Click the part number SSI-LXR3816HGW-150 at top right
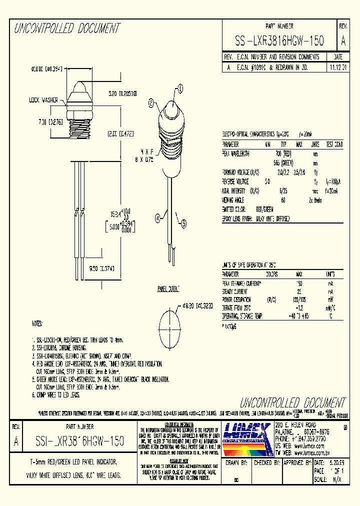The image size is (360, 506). (279, 41)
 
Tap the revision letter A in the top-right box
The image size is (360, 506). (343, 41)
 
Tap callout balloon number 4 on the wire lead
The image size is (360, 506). (158, 217)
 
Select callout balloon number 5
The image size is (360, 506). (183, 224)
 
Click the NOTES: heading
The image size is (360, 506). (37, 324)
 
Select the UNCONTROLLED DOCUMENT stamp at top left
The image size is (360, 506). (66, 28)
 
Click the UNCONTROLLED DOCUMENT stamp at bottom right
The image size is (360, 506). (292, 402)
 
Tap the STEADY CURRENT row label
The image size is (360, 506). (234, 290)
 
